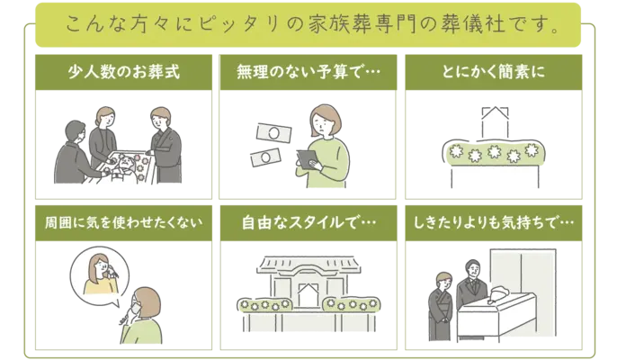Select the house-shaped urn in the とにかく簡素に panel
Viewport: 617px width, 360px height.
point(492,121)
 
